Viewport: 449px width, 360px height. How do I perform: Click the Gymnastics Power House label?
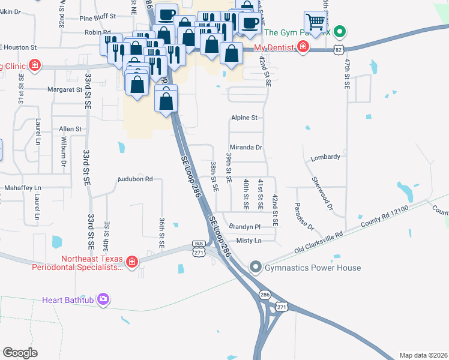coord(313,268)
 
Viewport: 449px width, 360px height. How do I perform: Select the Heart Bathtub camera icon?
coord(104,298)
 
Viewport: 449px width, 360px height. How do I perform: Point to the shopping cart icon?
coord(315,23)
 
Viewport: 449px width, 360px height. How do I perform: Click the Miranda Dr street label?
coord(246,147)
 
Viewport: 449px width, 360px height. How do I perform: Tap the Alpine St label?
coord(244,118)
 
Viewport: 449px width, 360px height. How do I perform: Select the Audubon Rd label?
coord(135,179)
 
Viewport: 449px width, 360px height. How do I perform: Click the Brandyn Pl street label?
coord(245,227)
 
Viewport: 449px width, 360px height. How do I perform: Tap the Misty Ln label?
coord(250,241)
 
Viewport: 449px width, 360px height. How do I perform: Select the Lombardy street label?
coord(325,157)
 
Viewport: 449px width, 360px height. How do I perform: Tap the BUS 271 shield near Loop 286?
coord(199,248)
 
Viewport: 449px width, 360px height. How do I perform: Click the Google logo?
coord(20,352)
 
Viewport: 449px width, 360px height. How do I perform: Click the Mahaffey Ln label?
coord(23,188)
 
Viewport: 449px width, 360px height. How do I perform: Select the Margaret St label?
coord(65,90)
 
